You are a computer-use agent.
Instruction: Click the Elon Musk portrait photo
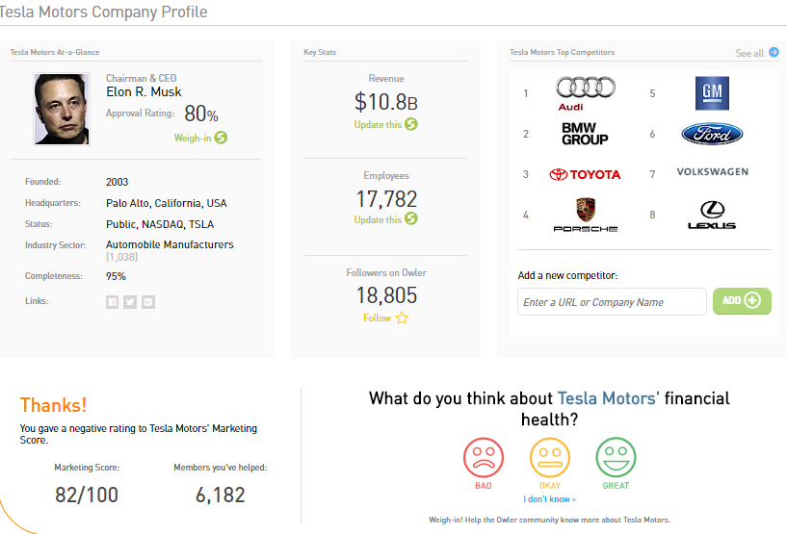click(x=63, y=109)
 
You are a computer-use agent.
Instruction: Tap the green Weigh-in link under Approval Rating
click(x=199, y=138)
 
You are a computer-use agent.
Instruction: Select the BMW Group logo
click(x=585, y=134)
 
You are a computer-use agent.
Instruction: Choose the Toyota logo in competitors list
click(x=585, y=174)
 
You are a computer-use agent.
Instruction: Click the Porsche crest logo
click(x=585, y=214)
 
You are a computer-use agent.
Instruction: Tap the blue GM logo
click(x=712, y=93)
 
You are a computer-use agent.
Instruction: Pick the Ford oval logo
click(x=712, y=134)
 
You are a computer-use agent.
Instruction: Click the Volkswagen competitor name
click(x=712, y=172)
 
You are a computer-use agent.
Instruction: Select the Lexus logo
click(x=712, y=215)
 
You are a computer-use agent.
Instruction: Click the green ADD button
click(x=742, y=300)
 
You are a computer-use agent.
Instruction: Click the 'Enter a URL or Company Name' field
click(x=612, y=302)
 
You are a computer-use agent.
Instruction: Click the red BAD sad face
click(x=484, y=457)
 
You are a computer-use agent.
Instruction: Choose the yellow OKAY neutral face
click(x=549, y=457)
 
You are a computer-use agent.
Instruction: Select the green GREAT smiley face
click(x=616, y=457)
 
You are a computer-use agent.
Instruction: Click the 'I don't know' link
click(x=550, y=499)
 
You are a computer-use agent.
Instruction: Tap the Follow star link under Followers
click(x=385, y=318)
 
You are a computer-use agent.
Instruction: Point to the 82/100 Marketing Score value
click(x=87, y=496)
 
